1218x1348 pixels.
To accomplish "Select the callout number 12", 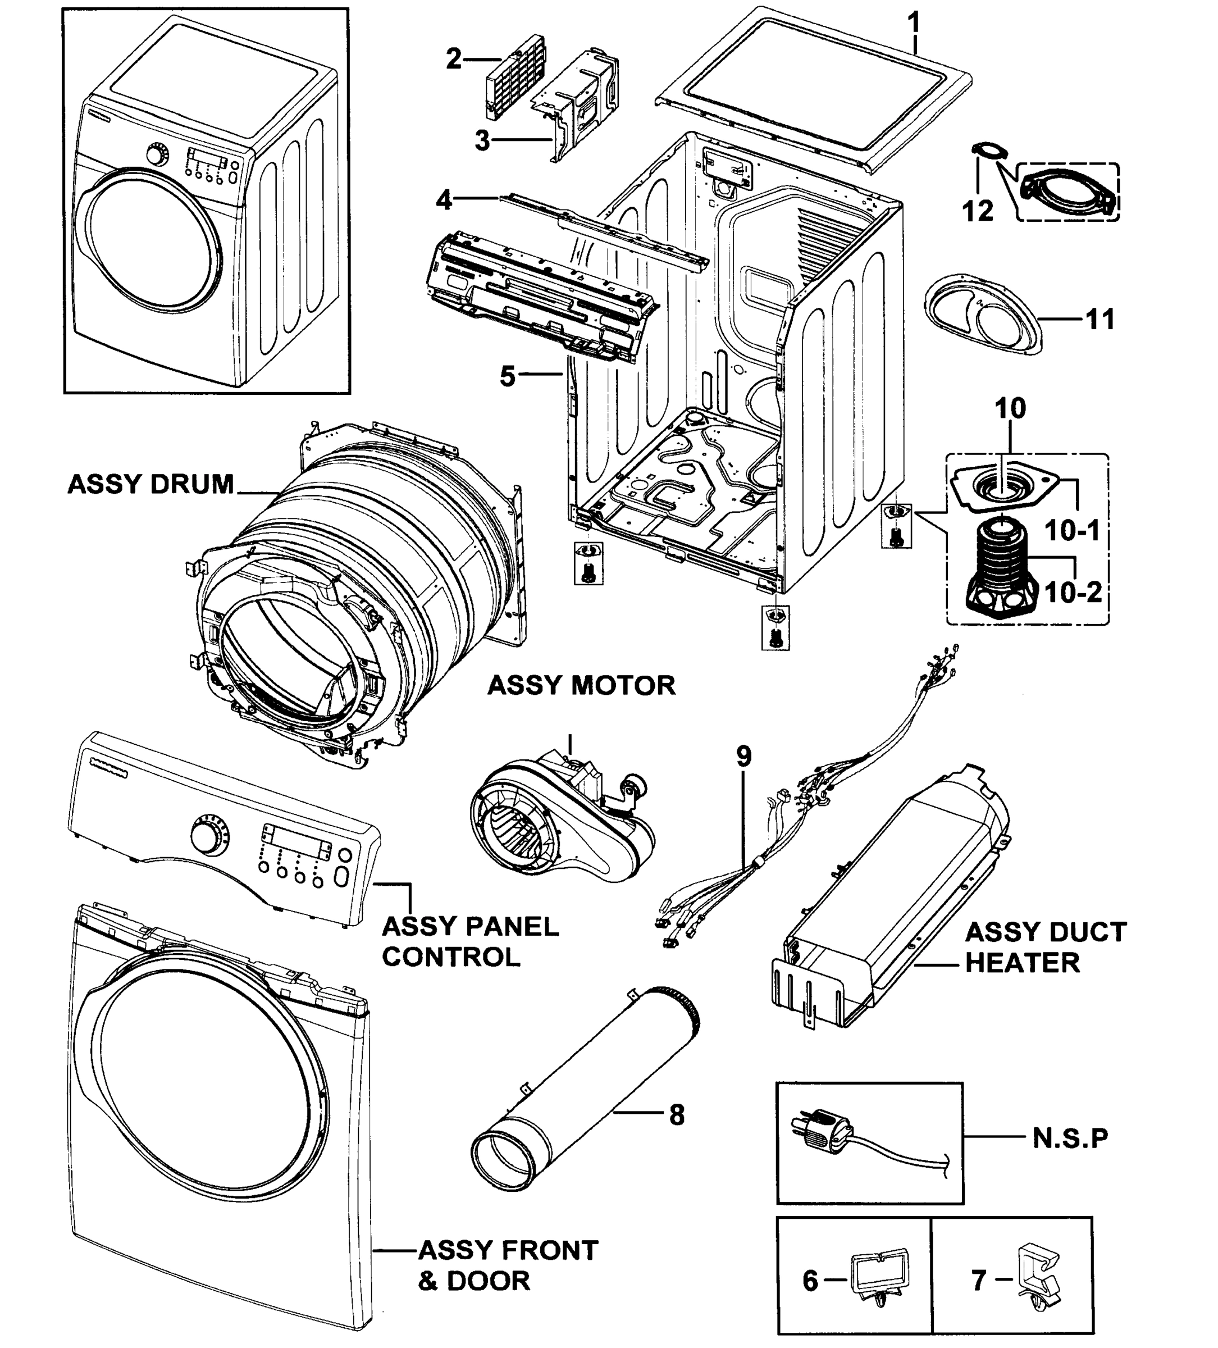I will (x=977, y=211).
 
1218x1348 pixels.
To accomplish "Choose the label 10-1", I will (x=1071, y=531).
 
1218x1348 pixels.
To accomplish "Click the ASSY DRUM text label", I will (x=150, y=484).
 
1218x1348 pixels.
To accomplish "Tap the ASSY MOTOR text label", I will (x=581, y=685).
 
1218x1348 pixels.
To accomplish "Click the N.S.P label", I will (x=1070, y=1137).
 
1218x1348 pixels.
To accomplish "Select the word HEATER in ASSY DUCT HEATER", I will (x=1022, y=963).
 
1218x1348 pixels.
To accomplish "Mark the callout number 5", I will (x=508, y=376).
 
